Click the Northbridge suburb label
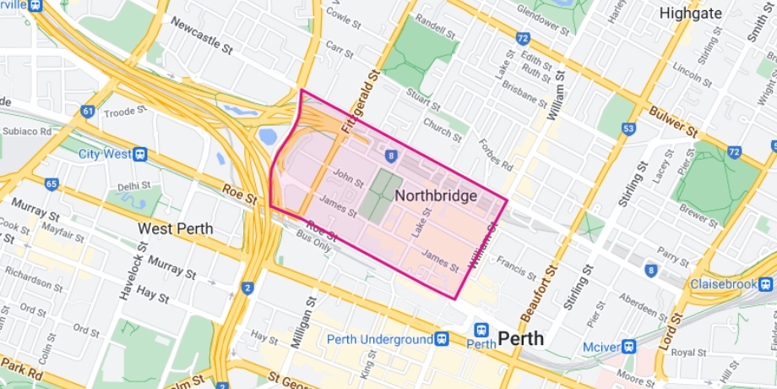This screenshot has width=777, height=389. [436, 195]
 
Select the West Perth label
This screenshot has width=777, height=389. [176, 228]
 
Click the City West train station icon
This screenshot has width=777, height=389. [140, 154]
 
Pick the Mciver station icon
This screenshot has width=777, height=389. [628, 346]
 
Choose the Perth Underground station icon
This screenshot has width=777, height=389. [442, 339]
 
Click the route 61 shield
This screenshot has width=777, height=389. [87, 111]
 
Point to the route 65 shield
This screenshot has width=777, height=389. [52, 183]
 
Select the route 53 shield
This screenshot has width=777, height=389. [628, 128]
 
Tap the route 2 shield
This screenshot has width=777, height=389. [247, 289]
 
